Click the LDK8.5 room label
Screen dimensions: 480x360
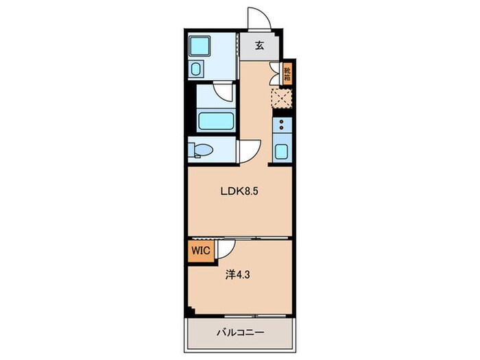point(239,191)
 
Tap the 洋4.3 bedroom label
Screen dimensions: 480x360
point(237,275)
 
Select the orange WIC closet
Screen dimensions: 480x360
point(201,251)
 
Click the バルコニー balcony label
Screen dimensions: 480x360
point(240,333)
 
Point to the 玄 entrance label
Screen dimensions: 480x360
point(259,46)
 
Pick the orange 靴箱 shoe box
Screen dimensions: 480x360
point(287,73)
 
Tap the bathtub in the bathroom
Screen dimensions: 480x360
point(215,121)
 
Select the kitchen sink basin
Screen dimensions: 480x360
point(281,151)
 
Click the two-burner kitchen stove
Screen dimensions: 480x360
point(282,125)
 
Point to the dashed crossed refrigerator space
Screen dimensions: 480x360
point(282,98)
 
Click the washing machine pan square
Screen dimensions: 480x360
point(200,46)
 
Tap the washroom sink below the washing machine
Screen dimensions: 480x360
point(195,69)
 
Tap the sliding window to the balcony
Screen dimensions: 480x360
point(256,315)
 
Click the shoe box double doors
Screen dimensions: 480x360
point(275,73)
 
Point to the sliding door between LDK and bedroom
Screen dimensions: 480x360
point(239,238)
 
